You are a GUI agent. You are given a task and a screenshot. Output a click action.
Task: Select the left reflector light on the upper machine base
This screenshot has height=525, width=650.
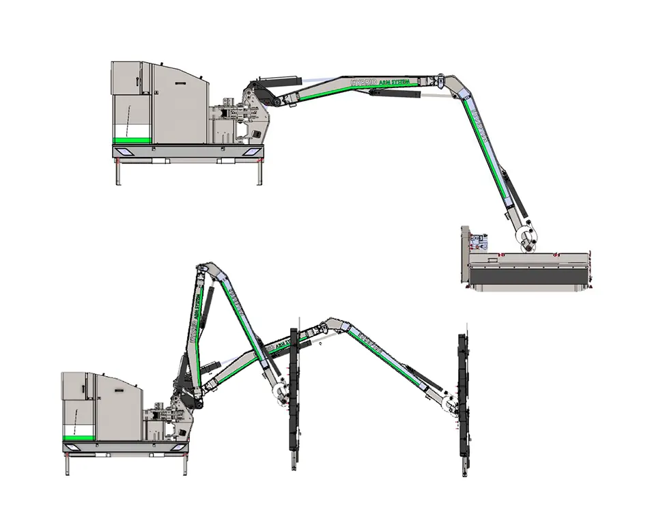[x=126, y=151]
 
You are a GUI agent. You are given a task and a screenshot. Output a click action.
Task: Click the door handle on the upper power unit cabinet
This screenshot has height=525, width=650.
[x=138, y=81]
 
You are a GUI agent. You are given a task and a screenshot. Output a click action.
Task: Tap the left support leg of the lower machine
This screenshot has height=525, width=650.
[x=67, y=465]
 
